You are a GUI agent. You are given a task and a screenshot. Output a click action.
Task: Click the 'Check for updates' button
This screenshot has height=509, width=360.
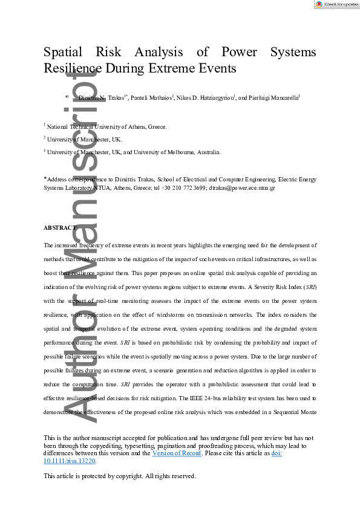point(336,4)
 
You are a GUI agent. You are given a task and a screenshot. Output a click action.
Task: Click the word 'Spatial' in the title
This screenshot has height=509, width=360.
point(65,52)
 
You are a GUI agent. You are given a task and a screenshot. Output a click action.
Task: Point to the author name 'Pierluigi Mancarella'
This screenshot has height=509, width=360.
point(274,97)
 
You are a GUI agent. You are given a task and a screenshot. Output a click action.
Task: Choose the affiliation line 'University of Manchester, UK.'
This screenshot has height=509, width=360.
point(84,140)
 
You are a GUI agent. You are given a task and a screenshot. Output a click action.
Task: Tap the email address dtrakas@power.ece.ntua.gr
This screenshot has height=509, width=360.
point(242,188)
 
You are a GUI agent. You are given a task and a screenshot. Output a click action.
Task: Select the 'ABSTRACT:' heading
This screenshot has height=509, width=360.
point(61,228)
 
